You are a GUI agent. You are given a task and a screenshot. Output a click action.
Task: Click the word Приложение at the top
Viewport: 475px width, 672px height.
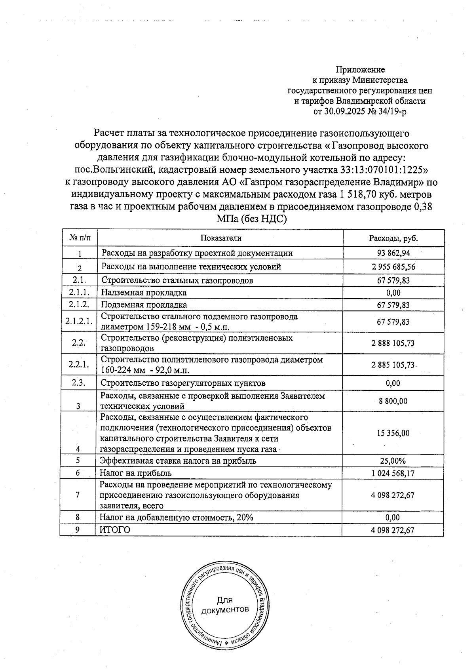[360, 70]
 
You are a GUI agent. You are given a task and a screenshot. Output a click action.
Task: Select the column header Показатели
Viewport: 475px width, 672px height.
[221, 238]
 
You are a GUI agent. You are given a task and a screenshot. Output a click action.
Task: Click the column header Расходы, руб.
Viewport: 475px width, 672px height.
[393, 238]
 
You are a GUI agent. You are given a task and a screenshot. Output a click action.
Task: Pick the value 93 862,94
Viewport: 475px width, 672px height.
[393, 253]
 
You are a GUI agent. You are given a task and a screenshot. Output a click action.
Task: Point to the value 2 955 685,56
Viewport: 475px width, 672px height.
[393, 267]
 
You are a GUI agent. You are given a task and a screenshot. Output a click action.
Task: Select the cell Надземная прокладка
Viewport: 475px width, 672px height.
[144, 293]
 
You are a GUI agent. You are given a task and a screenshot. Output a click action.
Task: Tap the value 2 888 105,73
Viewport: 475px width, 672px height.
[393, 343]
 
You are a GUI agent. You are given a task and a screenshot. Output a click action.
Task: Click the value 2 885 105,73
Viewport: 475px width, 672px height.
[393, 365]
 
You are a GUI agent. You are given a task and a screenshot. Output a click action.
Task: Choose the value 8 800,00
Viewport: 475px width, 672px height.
[393, 401]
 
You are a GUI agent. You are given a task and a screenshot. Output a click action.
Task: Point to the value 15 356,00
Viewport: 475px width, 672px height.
[393, 433]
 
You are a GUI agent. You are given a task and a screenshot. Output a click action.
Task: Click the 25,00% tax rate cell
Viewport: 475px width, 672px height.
[393, 461]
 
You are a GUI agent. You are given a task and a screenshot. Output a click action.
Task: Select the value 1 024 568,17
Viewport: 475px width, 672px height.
[393, 473]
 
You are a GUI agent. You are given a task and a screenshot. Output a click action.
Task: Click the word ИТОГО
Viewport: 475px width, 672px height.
[114, 530]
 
